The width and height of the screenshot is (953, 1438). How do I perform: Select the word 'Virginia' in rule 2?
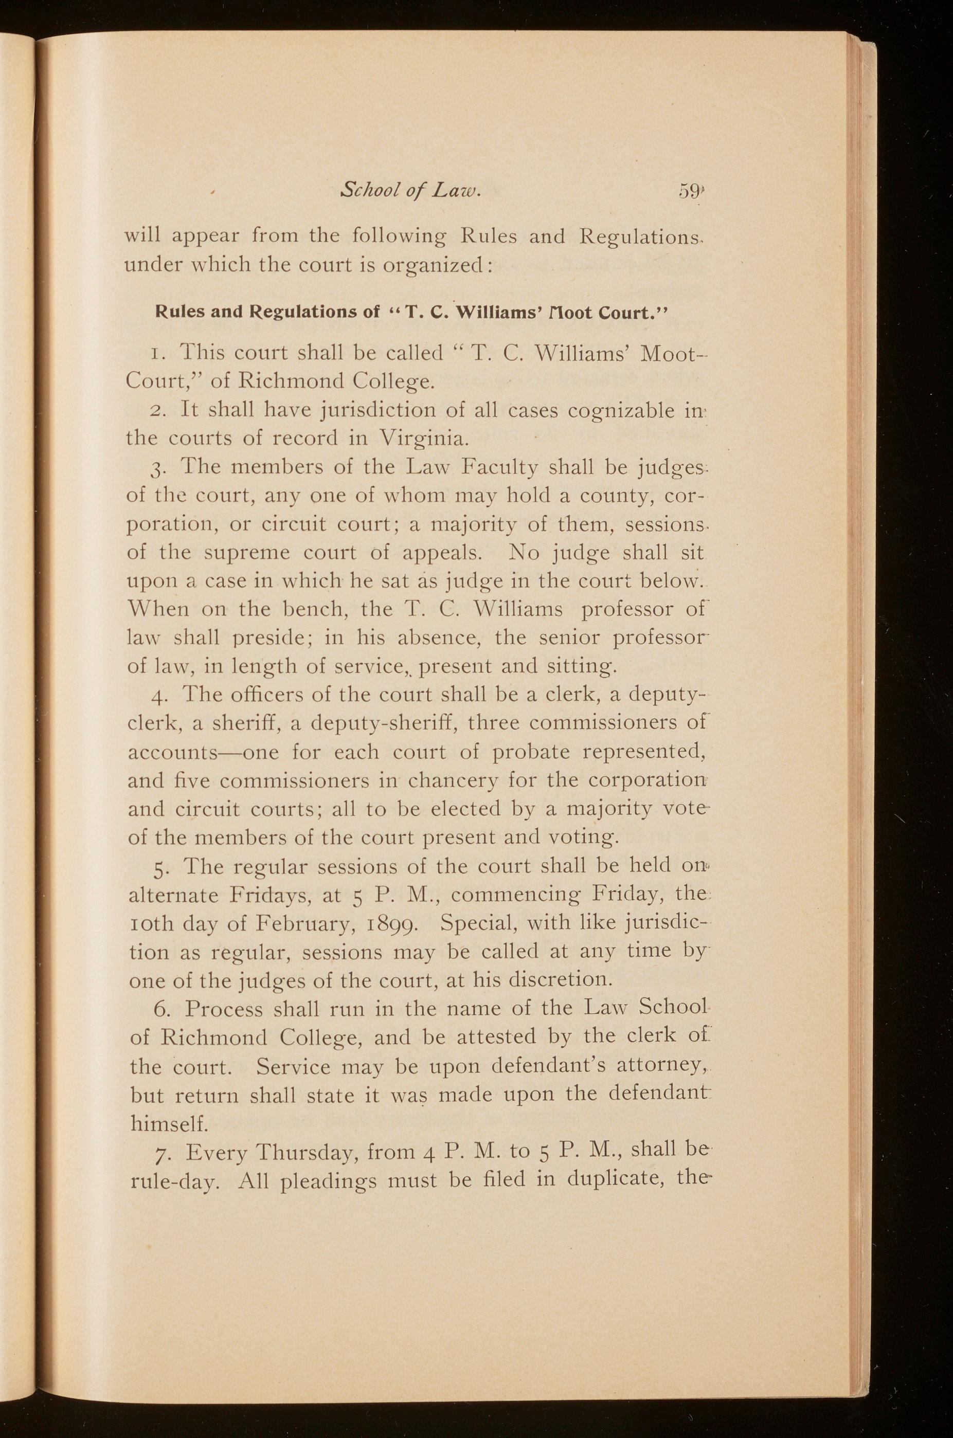point(423,438)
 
